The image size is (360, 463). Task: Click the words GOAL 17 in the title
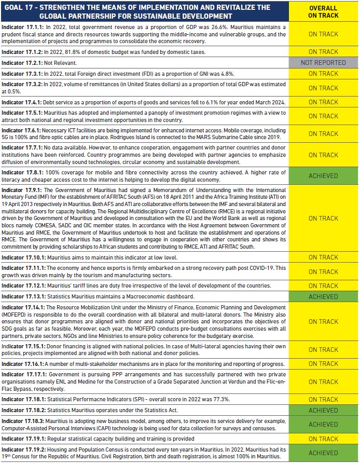[21, 7]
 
